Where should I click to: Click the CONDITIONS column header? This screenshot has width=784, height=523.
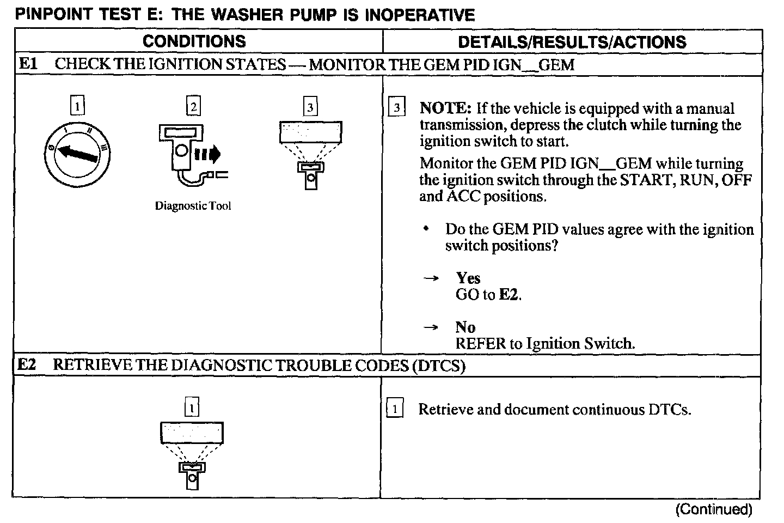[x=194, y=41]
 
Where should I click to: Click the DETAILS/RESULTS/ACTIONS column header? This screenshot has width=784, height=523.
[x=572, y=42]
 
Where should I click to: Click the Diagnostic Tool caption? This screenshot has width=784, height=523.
[x=193, y=206]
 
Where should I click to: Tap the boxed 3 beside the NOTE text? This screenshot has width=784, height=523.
[x=397, y=108]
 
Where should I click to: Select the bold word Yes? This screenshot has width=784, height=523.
[x=468, y=278]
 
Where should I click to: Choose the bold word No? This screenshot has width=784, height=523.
[x=465, y=327]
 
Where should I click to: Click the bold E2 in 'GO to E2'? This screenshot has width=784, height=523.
[x=509, y=295]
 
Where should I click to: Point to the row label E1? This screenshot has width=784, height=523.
[x=28, y=64]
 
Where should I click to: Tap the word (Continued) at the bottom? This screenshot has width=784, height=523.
[x=714, y=509]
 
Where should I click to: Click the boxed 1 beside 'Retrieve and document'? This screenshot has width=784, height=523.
[x=395, y=408]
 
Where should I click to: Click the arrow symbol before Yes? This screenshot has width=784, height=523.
[x=431, y=279]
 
